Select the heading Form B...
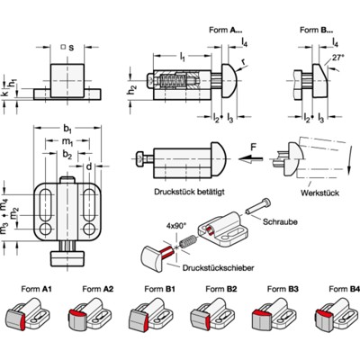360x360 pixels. (311, 30)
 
